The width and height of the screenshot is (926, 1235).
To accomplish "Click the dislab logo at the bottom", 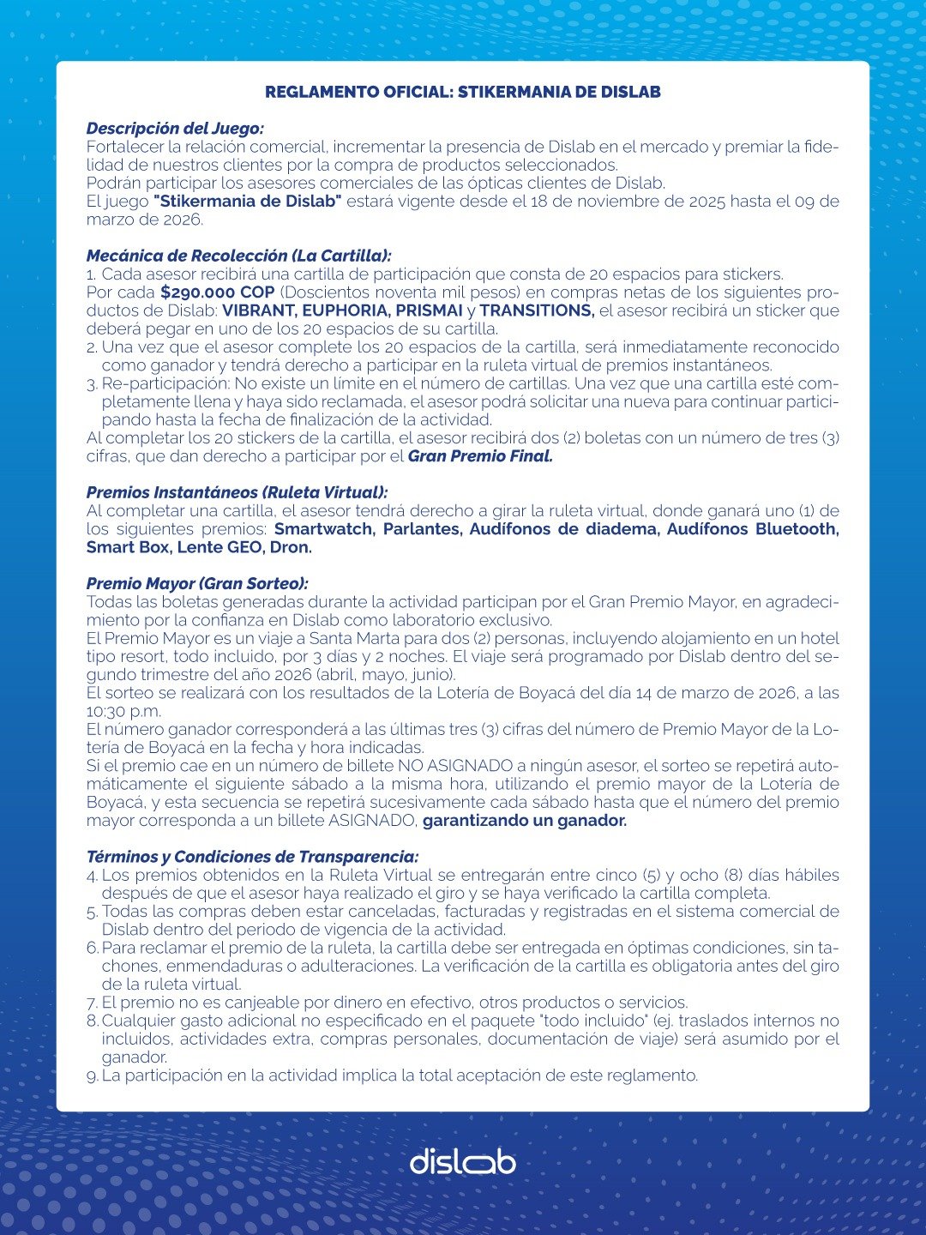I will tap(462, 1161).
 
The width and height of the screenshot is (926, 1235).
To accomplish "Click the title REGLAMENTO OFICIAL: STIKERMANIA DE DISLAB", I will tap(462, 92).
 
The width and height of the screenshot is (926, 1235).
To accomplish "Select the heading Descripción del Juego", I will tap(175, 129).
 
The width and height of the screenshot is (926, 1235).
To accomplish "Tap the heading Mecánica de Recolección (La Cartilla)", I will tap(238, 256).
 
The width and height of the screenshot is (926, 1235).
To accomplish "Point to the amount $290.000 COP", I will tap(218, 292).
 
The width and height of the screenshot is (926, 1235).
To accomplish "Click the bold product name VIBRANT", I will tap(258, 310).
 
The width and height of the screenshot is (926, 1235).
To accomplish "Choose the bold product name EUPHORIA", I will tap(346, 310).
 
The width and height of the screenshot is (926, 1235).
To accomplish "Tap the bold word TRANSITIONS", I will tap(537, 310).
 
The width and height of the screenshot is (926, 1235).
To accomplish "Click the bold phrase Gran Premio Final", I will tap(480, 456).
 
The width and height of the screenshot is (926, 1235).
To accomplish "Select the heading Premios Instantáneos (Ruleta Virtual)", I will tap(237, 492).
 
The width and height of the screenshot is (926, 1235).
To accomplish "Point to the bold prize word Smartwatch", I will tap(323, 529).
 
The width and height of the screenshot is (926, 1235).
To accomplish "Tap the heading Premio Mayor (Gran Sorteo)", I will tap(197, 583).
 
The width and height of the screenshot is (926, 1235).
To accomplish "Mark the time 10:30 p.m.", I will tap(123, 711).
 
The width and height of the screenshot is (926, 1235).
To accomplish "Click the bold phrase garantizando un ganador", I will tap(525, 821).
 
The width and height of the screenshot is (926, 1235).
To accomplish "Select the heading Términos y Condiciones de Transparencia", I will tap(252, 857).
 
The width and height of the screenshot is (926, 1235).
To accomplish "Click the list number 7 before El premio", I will tap(92, 1003).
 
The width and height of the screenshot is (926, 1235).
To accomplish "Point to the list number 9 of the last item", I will tap(92, 1075).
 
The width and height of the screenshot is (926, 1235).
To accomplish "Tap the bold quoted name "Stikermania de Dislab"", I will tap(248, 202).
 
